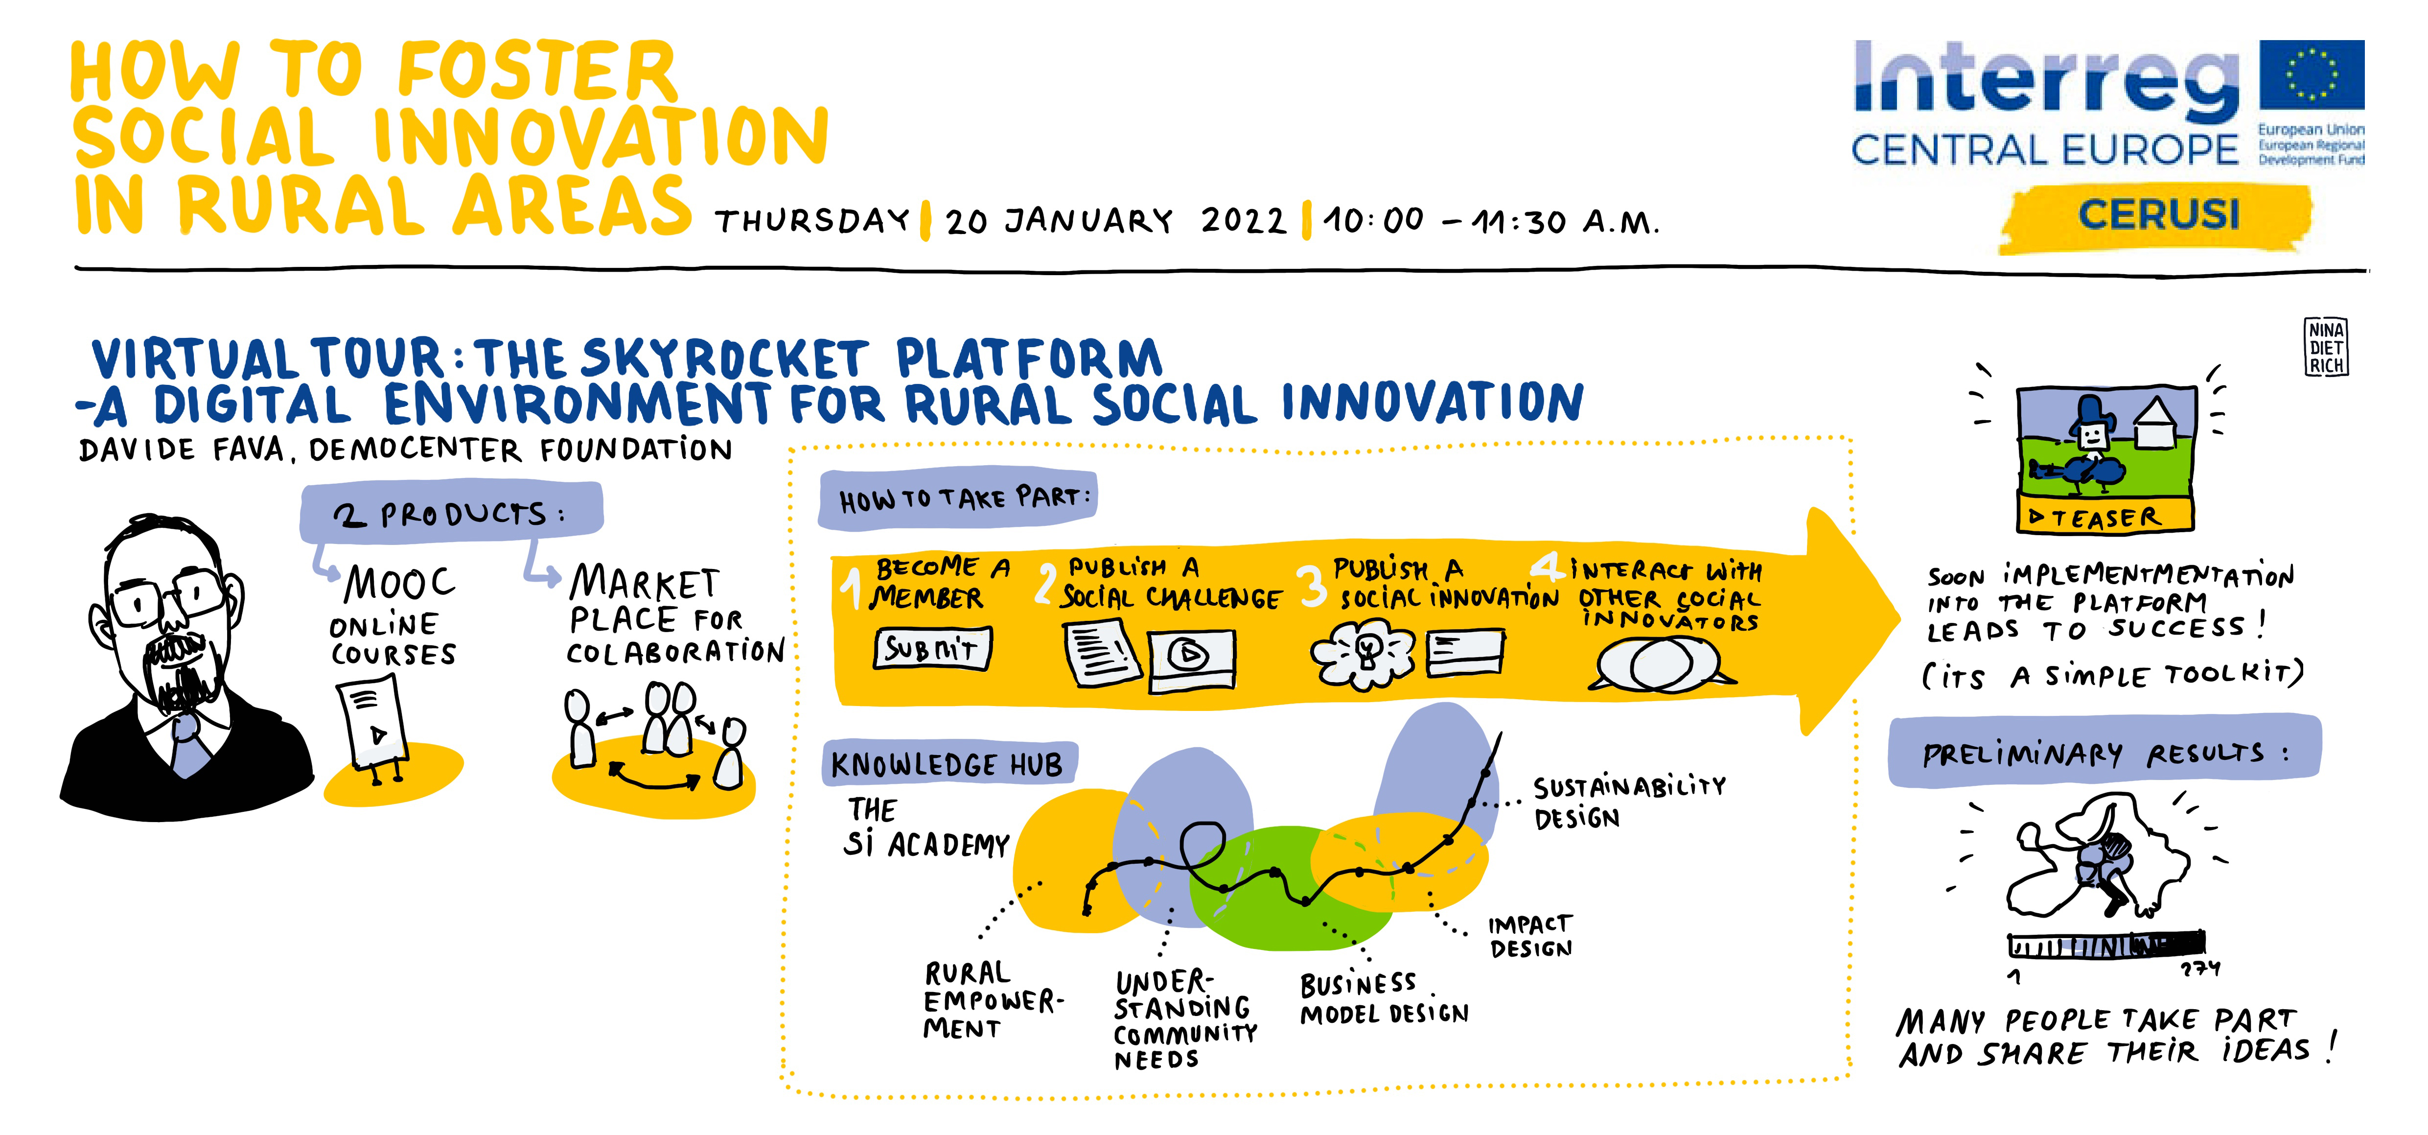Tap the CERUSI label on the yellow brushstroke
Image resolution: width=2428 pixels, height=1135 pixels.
2158,215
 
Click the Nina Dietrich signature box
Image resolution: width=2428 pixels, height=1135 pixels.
2326,347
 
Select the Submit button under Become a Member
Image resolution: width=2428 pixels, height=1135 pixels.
932,649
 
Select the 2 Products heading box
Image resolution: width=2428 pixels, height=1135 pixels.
451,513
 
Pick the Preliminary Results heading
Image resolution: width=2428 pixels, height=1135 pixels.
2104,752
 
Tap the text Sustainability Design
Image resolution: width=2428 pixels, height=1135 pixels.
1629,801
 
